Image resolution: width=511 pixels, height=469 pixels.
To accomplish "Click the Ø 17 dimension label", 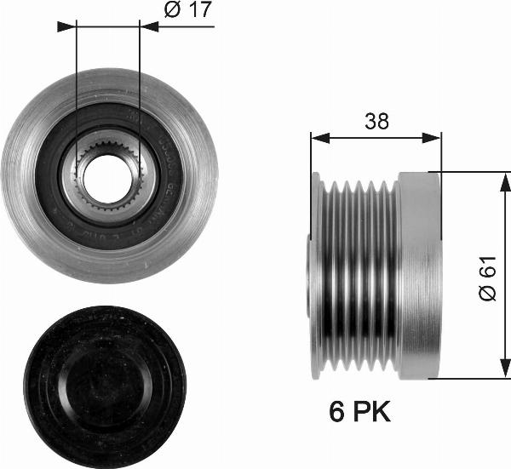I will pyautogui.click(x=187, y=12).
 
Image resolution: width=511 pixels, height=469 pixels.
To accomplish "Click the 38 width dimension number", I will pyautogui.click(x=376, y=121).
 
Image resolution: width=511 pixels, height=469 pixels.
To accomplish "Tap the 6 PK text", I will pyautogui.click(x=359, y=413).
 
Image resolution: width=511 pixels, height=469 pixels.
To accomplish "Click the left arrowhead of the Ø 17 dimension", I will pyautogui.click(x=68, y=26).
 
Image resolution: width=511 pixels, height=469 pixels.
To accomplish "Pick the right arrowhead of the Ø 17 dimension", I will pyautogui.click(x=148, y=26).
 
